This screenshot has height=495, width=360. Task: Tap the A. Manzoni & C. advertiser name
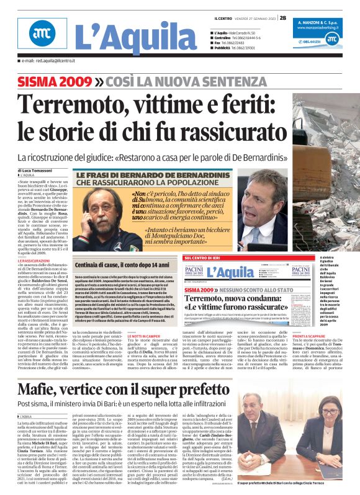point(317,22)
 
